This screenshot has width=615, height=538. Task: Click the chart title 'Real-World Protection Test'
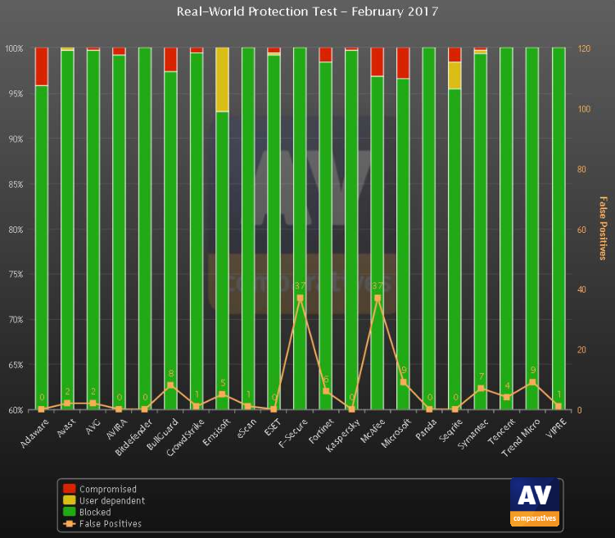click(307, 11)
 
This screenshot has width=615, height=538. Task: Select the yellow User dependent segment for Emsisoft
click(222, 79)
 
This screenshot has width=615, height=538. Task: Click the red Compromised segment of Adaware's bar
click(42, 66)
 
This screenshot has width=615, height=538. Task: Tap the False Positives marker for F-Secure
click(300, 298)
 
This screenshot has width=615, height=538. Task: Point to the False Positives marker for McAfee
click(378, 298)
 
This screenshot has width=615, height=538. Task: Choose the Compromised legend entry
click(102, 490)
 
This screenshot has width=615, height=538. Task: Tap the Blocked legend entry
click(94, 512)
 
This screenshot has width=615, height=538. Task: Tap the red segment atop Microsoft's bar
click(403, 62)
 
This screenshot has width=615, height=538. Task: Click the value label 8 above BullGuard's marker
click(170, 374)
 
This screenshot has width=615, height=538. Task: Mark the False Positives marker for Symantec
click(481, 388)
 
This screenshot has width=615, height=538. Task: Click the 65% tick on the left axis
click(16, 365)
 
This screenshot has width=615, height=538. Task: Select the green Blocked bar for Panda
click(429, 230)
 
